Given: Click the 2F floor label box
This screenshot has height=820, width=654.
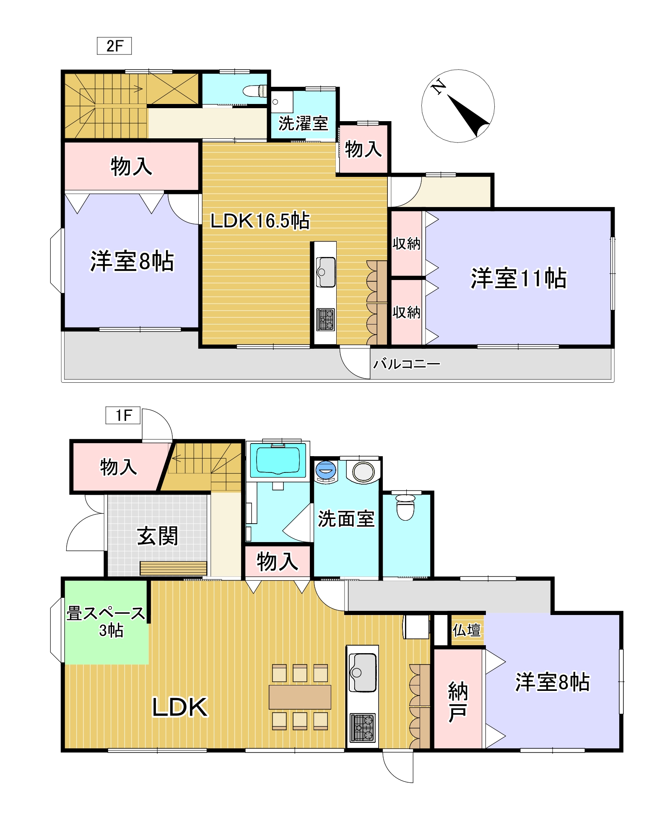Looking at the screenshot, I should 114,46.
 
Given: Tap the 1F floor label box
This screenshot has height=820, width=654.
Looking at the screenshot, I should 123,415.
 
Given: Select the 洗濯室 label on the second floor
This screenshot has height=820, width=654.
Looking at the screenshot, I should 303,123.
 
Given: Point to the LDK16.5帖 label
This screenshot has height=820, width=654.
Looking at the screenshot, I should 260,221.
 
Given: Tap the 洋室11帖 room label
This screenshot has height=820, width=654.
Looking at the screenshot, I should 518,278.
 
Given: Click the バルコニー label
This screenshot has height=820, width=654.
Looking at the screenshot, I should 406,363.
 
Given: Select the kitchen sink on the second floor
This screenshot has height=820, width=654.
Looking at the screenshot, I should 325,271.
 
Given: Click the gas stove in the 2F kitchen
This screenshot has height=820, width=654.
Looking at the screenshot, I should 325,319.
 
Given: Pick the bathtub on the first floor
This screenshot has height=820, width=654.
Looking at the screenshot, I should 278,460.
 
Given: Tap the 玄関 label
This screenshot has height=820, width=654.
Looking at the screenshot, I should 158,536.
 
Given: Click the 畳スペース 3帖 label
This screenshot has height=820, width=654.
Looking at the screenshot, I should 106,621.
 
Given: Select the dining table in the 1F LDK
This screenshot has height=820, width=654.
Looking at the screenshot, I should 300,697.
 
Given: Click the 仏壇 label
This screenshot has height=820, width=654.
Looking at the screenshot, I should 466,630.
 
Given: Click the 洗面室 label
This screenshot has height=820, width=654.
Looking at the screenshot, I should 346,519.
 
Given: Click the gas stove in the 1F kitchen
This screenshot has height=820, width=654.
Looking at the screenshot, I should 363,727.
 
